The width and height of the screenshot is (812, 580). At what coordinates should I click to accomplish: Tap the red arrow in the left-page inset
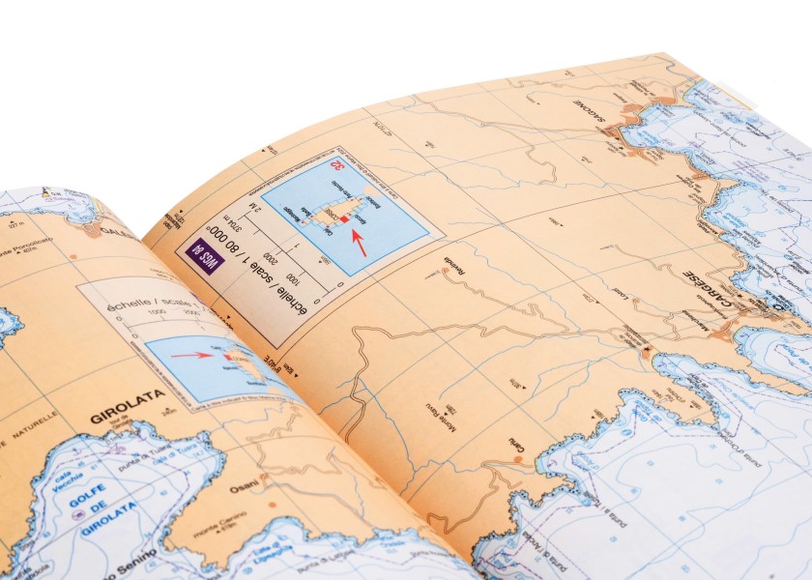tap(191, 355)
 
